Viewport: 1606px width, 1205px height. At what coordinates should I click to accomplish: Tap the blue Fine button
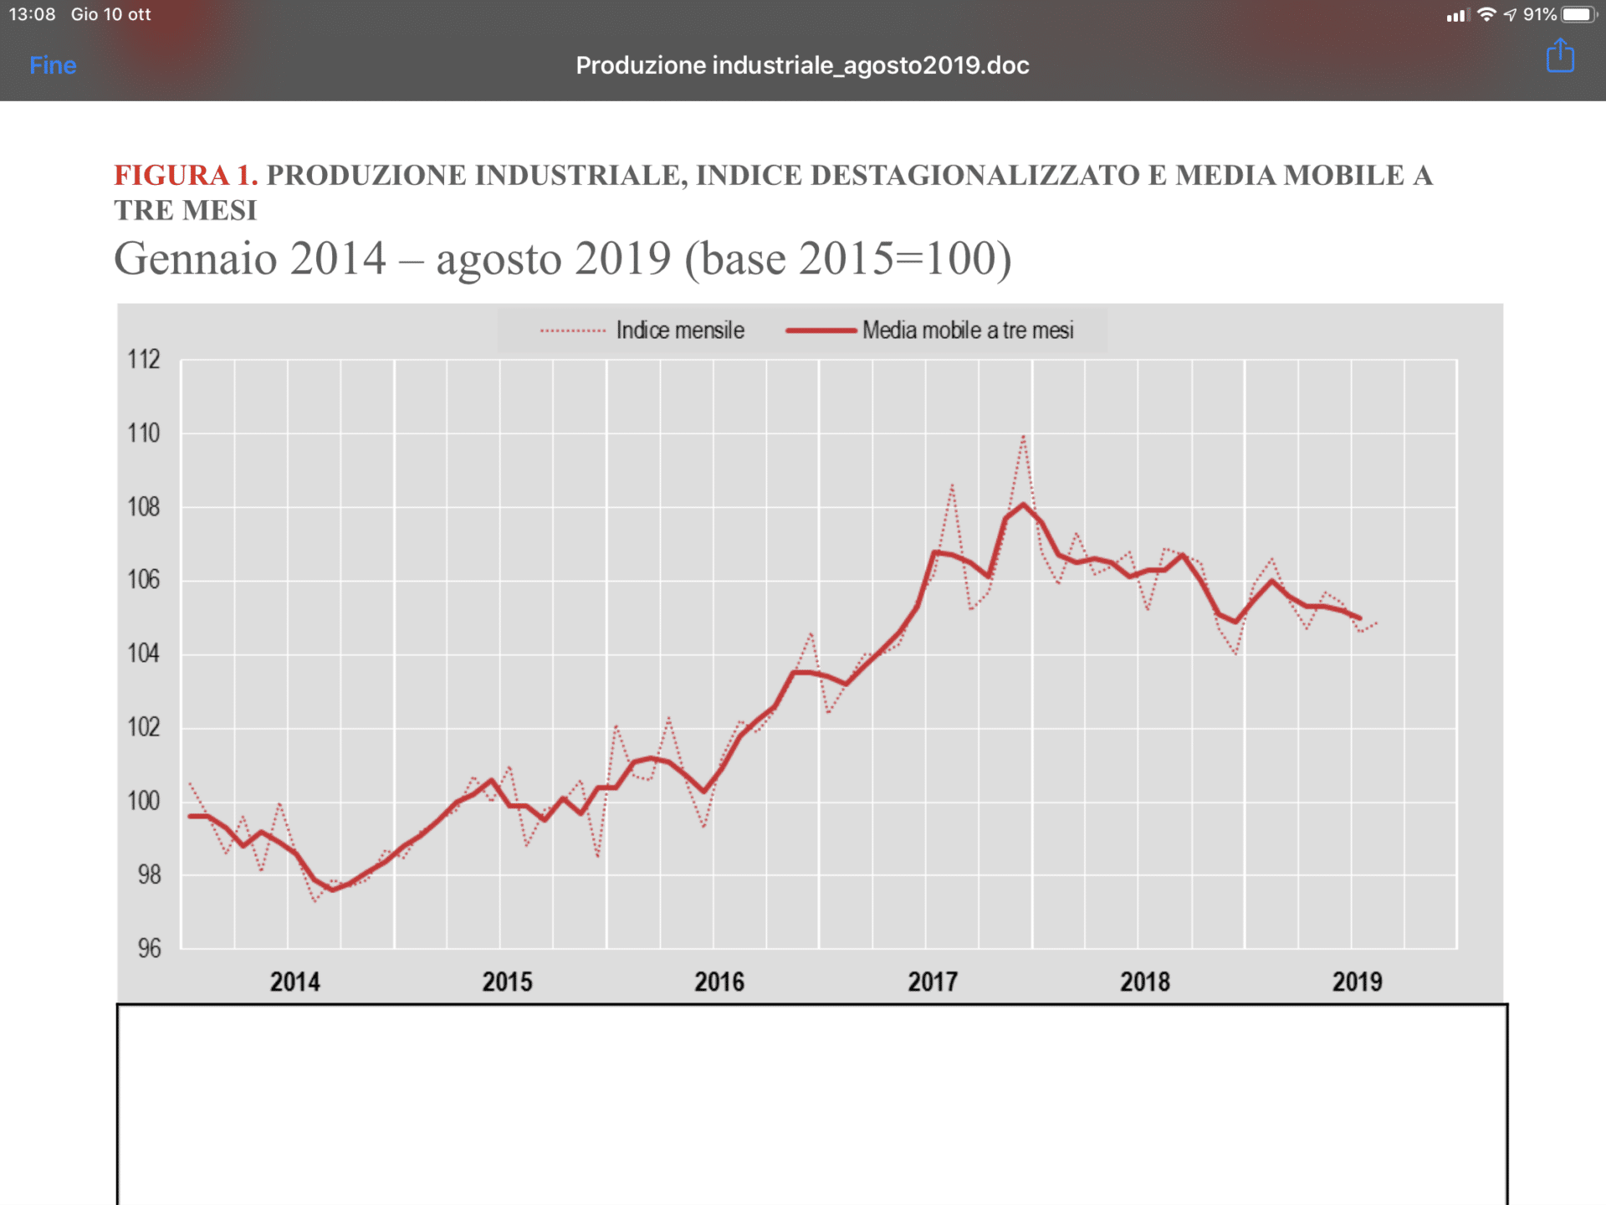pos(53,65)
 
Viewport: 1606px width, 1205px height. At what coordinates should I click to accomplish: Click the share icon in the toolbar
pos(1560,57)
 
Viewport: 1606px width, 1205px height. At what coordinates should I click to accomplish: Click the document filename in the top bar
pos(802,65)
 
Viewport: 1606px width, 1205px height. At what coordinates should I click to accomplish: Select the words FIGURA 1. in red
pos(186,175)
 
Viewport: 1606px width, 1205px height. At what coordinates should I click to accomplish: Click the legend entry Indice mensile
pos(679,331)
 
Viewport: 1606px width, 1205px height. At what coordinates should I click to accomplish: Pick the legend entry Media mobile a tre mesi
pos(967,331)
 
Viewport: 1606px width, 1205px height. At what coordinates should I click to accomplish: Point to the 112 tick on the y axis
pos(144,360)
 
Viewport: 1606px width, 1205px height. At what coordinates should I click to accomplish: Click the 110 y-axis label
pos(144,433)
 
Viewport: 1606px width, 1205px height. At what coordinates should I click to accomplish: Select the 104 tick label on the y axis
pos(144,654)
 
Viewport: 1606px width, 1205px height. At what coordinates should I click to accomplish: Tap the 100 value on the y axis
pos(144,801)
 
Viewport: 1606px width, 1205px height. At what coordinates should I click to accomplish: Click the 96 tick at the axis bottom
pos(150,948)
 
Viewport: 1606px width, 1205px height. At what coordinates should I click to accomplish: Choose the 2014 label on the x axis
pos(294,982)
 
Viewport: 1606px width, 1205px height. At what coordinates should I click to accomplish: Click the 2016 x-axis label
pos(719,982)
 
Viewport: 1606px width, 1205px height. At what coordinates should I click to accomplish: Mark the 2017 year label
pos(933,982)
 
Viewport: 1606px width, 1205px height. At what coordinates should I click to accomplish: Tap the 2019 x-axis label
pos(1357,982)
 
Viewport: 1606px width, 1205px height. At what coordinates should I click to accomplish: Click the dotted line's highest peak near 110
pos(1023,436)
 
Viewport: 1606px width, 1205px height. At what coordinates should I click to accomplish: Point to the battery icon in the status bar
pos(1578,14)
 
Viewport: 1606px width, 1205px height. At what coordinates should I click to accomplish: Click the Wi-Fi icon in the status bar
pos(1486,14)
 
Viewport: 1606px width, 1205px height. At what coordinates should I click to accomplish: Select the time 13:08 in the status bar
pos(33,14)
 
